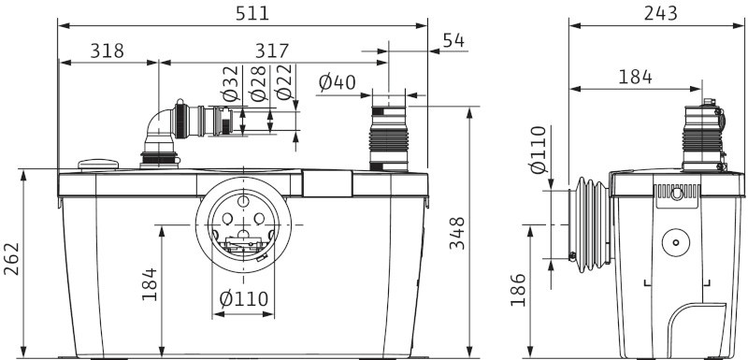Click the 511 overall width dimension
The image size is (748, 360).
[252, 13]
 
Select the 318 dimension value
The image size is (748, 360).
[107, 50]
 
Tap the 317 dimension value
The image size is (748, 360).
[272, 50]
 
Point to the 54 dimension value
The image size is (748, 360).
[453, 40]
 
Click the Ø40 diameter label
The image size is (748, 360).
[338, 82]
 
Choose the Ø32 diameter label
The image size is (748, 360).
[230, 84]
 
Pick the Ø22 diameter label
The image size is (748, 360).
[285, 83]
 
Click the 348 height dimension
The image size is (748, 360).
[457, 233]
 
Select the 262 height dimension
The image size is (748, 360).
[11, 259]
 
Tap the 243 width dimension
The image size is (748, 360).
[661, 13]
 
